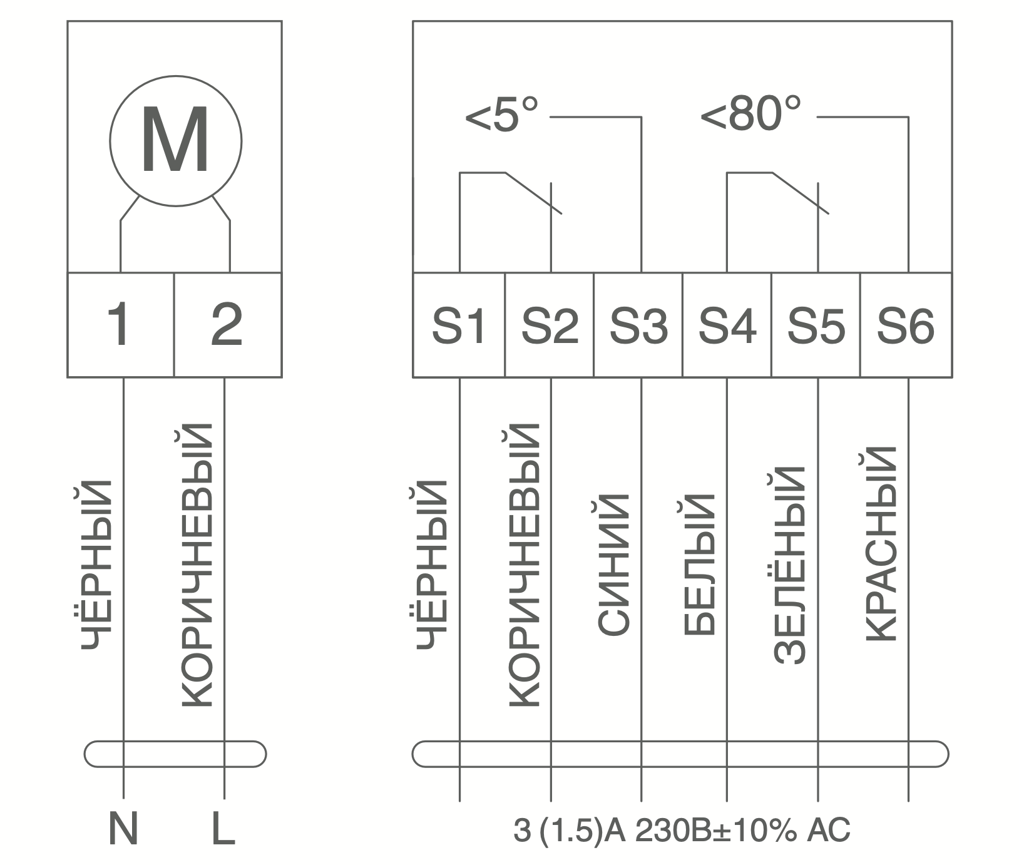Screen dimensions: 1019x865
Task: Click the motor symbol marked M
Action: (176, 140)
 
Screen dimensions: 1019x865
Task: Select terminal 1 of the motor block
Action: (120, 325)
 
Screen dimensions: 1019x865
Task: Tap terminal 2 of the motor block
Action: (228, 325)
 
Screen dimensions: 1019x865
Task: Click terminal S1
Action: (459, 325)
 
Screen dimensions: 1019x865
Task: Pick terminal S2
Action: (549, 325)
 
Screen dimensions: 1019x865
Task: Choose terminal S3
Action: (638, 325)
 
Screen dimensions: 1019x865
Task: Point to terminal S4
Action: (727, 325)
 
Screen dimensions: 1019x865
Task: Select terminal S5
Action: (816, 325)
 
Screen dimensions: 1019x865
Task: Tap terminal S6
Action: (906, 325)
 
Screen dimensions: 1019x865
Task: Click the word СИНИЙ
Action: (613, 565)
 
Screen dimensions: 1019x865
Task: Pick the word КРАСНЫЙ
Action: (881, 544)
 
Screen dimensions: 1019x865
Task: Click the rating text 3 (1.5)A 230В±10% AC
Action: (682, 831)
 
